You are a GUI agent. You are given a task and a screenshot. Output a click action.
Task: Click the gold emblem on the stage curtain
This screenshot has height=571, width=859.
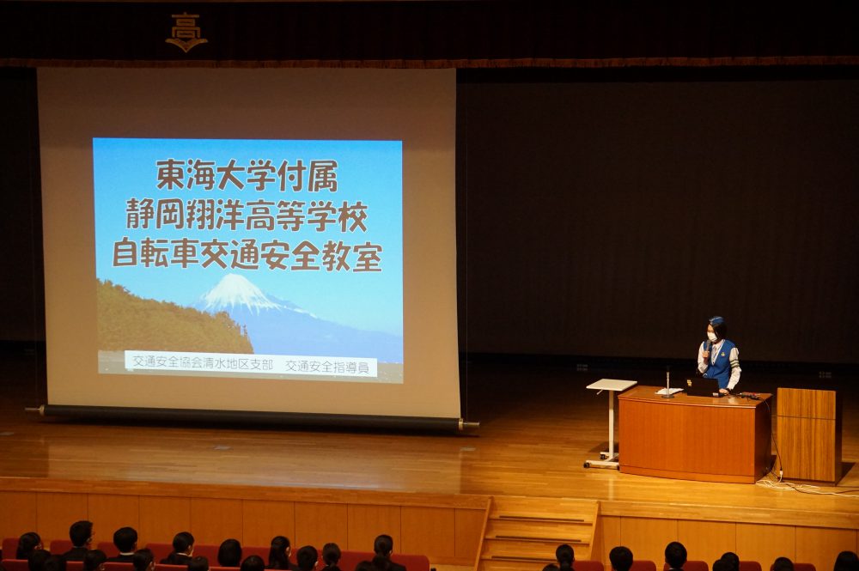coord(186,33)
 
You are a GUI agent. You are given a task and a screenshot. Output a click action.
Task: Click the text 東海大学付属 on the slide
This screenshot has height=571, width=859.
coord(247,176)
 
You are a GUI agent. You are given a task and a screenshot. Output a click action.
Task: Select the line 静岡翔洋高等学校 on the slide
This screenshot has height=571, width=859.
coord(247,216)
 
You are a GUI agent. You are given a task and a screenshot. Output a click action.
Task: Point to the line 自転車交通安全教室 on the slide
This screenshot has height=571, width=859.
coord(247,256)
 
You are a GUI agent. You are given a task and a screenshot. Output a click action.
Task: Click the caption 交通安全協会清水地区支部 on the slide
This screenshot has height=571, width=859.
coord(203,362)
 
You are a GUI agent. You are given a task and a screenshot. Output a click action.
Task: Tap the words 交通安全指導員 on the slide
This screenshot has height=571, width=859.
coord(327,367)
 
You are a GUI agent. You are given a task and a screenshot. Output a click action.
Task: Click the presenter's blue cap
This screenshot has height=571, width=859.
coord(716,320)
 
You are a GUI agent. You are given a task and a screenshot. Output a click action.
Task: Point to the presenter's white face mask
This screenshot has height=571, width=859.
coord(712,337)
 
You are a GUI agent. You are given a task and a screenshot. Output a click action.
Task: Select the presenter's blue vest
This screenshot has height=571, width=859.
coord(721,362)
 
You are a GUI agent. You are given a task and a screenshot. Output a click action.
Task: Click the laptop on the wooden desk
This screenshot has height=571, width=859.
coord(702,386)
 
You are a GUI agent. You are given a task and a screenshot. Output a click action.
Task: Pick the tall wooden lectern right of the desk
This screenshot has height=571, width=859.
coord(808,434)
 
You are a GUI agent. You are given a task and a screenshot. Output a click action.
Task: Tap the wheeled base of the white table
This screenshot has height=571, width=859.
coord(601,462)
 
